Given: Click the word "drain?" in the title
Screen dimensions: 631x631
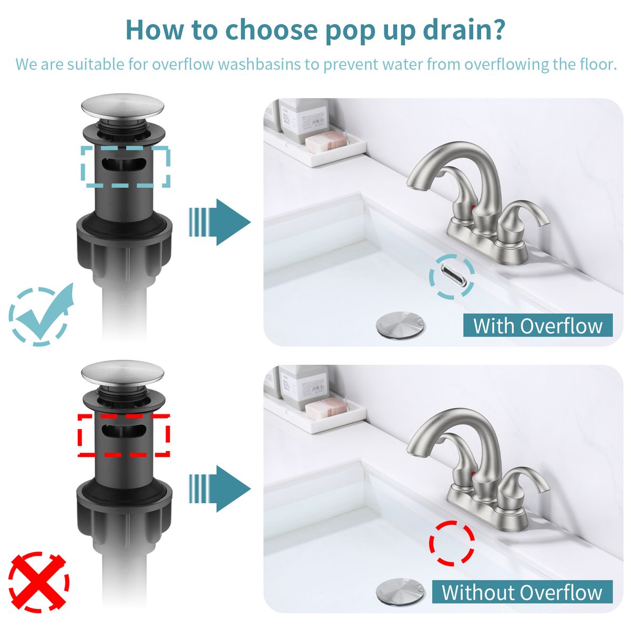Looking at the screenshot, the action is (x=463, y=30).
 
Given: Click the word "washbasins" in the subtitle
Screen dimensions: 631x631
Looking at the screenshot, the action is (x=259, y=64).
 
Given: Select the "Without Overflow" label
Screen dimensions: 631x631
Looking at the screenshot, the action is (x=522, y=592).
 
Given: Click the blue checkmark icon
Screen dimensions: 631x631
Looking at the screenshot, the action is (x=40, y=314).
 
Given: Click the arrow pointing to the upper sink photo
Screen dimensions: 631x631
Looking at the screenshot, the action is (x=220, y=222).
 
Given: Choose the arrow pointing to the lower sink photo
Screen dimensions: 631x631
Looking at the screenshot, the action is (x=220, y=489).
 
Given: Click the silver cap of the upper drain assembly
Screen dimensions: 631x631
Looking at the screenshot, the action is (x=123, y=107).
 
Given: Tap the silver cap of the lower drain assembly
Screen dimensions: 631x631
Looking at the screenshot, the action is (x=123, y=374).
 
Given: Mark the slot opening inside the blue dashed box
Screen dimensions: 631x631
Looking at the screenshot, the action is (x=124, y=164).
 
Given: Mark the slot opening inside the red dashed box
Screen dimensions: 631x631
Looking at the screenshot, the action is (x=124, y=430).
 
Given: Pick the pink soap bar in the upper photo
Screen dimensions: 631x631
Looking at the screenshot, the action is (x=327, y=141).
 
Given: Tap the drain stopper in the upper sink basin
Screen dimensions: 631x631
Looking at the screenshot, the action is (x=401, y=324).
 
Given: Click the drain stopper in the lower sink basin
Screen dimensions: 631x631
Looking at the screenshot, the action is (x=401, y=591).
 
